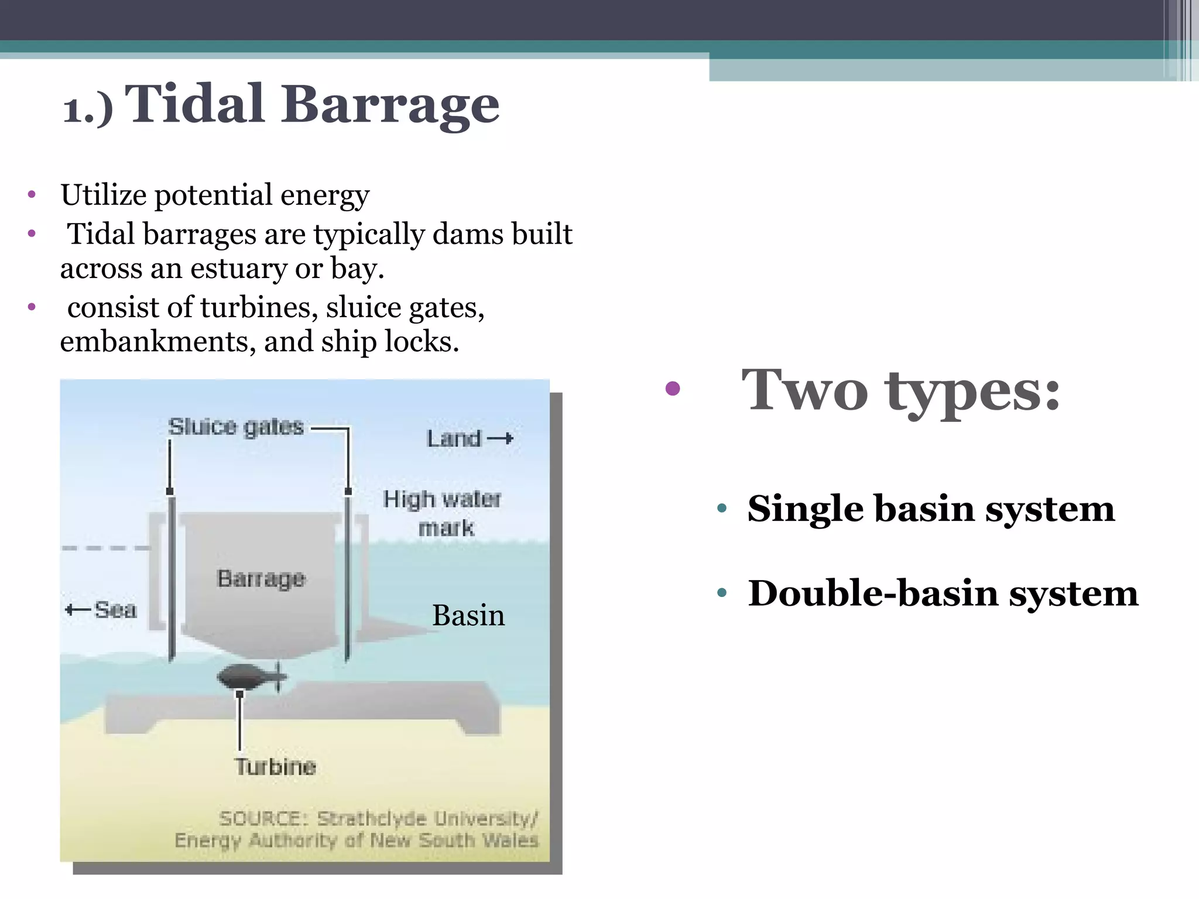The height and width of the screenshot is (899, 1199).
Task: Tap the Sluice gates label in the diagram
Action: pyautogui.click(x=236, y=427)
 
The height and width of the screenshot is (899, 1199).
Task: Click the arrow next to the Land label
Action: pyautogui.click(x=501, y=438)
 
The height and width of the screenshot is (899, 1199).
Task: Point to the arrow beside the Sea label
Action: pyautogui.click(x=77, y=610)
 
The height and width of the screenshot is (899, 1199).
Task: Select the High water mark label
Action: pyautogui.click(x=443, y=513)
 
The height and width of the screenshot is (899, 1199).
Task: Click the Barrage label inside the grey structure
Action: pyautogui.click(x=261, y=579)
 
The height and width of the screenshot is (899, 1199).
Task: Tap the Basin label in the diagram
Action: pyautogui.click(x=468, y=616)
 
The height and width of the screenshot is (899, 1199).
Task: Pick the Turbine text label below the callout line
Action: pyautogui.click(x=275, y=767)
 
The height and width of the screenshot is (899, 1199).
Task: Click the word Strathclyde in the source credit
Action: pyautogui.click(x=372, y=818)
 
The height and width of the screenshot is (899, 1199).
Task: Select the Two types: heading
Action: pyautogui.click(x=900, y=391)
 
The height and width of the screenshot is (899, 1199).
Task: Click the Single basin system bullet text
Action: pyautogui.click(x=931, y=509)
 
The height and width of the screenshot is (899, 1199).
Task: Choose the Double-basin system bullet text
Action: pyautogui.click(x=943, y=593)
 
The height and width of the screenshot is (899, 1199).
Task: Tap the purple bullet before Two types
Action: pyautogui.click(x=673, y=389)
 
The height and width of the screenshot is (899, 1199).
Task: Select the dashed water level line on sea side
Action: pyautogui.click(x=105, y=548)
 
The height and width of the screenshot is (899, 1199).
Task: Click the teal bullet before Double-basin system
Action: pyautogui.click(x=722, y=593)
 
